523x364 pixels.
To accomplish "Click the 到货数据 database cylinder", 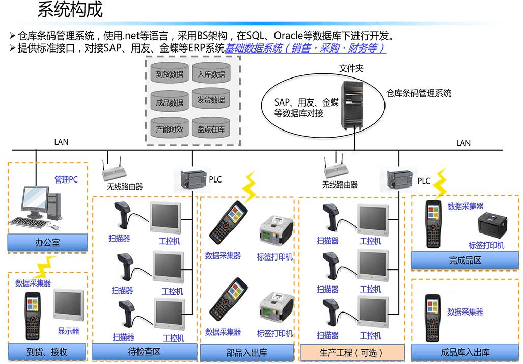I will (x=170, y=74).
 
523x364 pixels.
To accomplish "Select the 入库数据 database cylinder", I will (x=211, y=74).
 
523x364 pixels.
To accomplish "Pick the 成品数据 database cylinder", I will (x=170, y=102).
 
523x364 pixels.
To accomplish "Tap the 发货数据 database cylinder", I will (x=211, y=100).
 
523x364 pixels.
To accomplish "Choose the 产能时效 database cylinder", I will (x=170, y=129).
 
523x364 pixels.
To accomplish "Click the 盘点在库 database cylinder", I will (x=211, y=129).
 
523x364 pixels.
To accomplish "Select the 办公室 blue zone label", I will (x=48, y=243).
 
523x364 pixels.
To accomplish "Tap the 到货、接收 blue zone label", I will (x=48, y=352).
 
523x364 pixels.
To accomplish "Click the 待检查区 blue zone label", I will (x=144, y=352).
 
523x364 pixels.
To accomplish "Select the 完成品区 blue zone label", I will (x=464, y=261).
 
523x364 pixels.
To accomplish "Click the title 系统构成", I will (x=70, y=10).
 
